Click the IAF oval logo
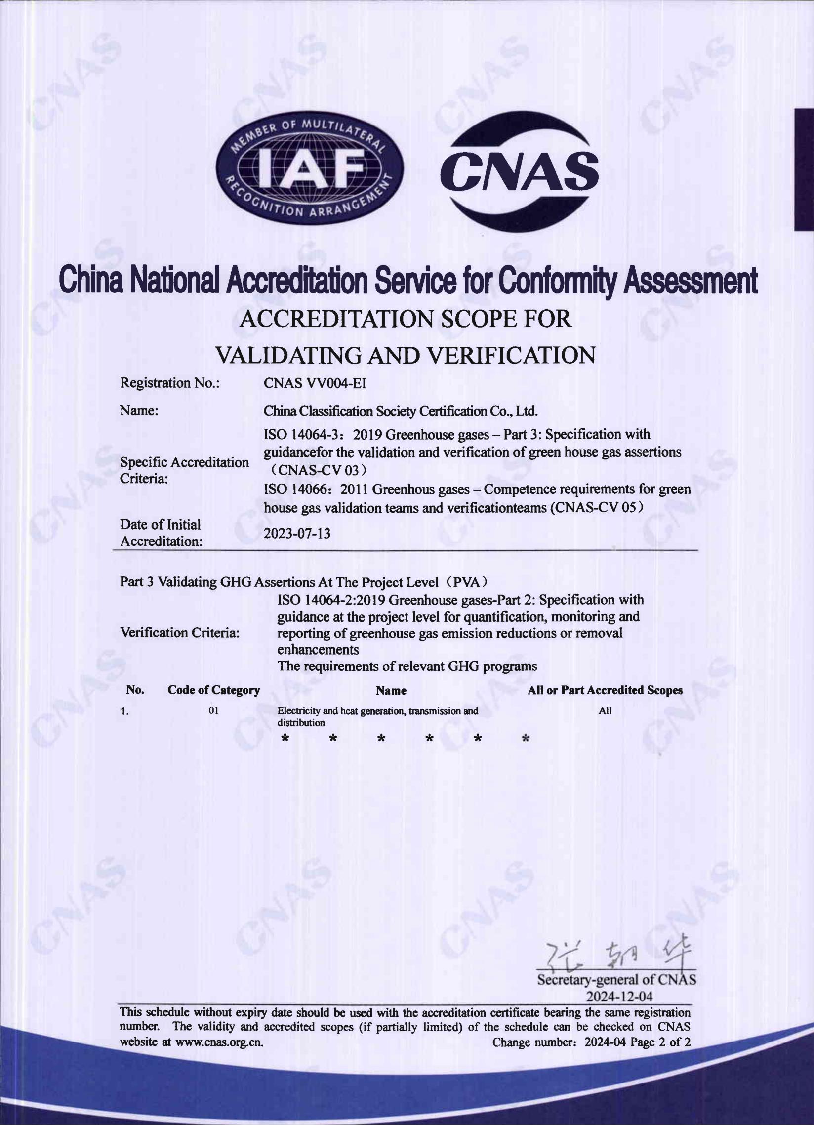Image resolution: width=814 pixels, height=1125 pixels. (x=310, y=167)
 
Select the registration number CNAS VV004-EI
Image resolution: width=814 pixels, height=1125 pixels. (x=315, y=383)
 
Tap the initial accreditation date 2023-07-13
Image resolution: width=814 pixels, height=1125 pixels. (x=297, y=533)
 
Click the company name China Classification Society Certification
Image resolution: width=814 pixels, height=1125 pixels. (x=401, y=411)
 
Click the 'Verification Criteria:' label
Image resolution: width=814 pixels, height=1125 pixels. (x=180, y=633)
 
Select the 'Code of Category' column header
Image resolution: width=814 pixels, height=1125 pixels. (x=213, y=690)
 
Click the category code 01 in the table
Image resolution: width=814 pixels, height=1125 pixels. (x=213, y=710)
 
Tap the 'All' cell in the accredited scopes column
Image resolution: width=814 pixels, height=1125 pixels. (x=605, y=710)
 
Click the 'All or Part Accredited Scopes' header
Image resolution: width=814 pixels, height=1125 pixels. (x=605, y=690)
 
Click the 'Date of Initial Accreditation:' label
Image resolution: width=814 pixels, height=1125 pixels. (x=161, y=533)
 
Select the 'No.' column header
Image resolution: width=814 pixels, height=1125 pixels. (x=135, y=690)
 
